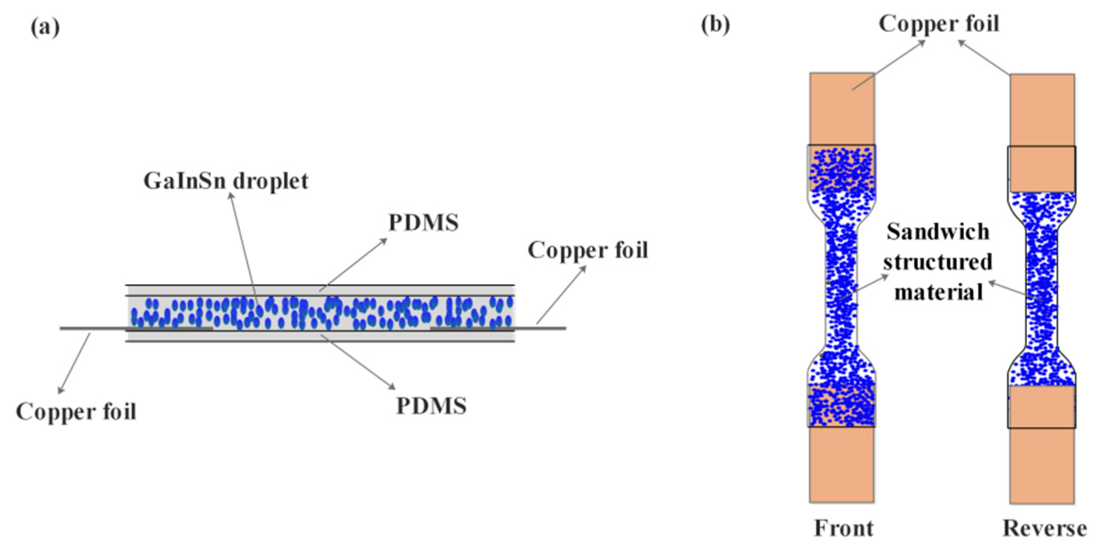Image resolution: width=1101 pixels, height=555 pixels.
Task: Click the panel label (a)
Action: pyautogui.click(x=45, y=28)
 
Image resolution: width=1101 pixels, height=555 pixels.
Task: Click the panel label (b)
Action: pyautogui.click(x=715, y=24)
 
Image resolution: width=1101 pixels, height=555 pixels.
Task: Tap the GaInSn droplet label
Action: pyautogui.click(x=226, y=181)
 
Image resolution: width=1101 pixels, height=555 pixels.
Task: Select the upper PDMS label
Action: pyautogui.click(x=424, y=223)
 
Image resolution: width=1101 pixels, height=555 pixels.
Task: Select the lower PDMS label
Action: pyautogui.click(x=431, y=406)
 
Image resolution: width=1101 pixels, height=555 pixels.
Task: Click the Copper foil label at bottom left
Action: pyautogui.click(x=76, y=412)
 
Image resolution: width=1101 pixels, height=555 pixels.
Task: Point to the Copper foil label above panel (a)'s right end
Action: pyautogui.click(x=588, y=250)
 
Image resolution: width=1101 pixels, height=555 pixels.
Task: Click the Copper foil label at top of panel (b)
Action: pyautogui.click(x=939, y=24)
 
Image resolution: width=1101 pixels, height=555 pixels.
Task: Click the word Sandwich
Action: pyautogui.click(x=938, y=232)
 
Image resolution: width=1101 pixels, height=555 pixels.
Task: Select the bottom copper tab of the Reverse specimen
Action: pyautogui.click(x=1042, y=466)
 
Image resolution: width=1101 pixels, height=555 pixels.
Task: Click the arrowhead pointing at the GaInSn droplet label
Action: pyautogui.click(x=230, y=196)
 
